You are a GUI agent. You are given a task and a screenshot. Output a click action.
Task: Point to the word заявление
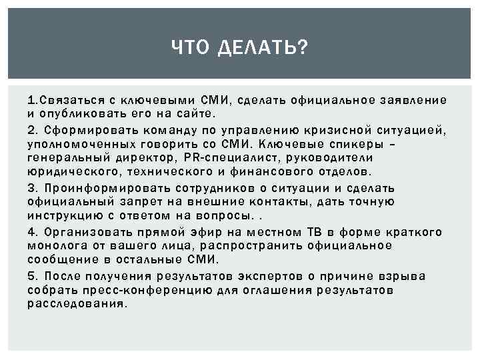(415, 101)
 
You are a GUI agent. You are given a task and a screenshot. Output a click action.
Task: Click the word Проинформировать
(99, 187)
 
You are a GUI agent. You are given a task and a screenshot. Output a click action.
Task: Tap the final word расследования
(77, 303)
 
